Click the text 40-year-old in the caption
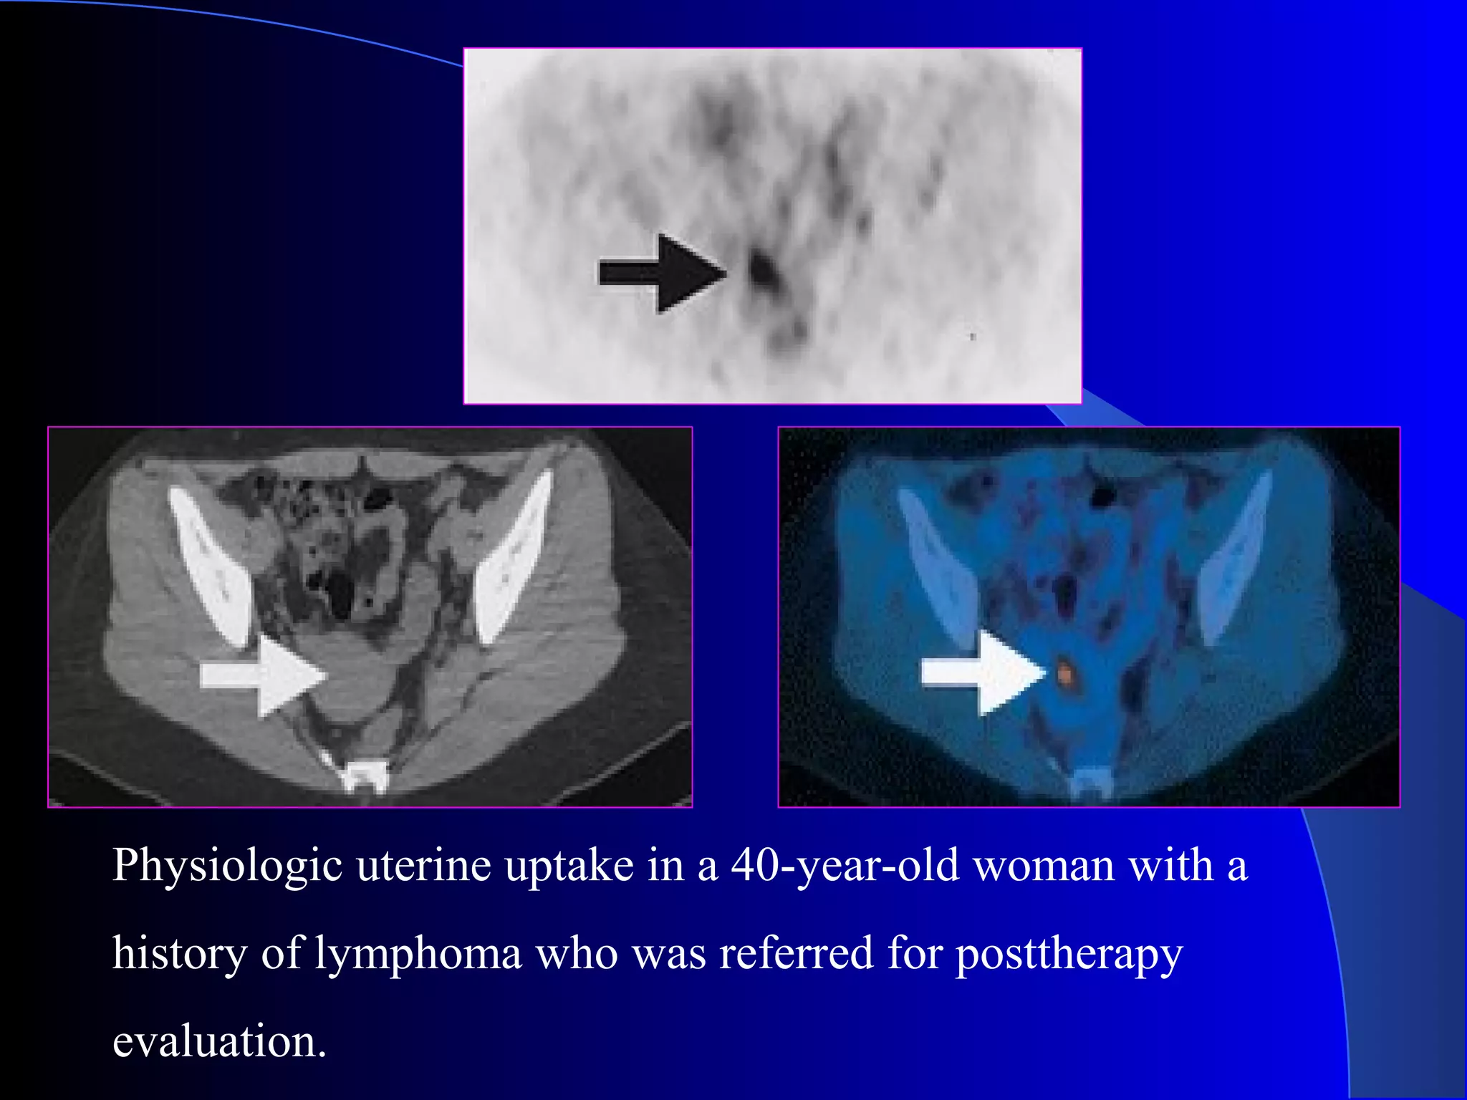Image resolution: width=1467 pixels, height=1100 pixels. (845, 865)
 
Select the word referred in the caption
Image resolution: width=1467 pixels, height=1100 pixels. (796, 953)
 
